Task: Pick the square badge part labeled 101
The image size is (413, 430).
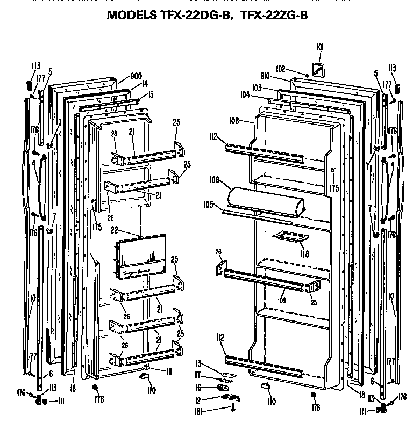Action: click(319, 70)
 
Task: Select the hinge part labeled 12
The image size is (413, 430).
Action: click(227, 397)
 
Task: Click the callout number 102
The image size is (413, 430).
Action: click(280, 68)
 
